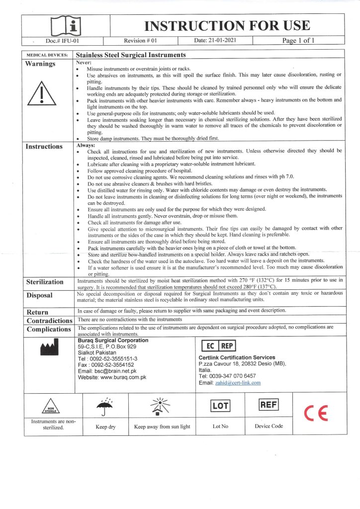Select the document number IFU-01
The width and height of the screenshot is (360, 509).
pos(62,41)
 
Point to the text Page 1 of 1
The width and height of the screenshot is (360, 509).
pos(298,41)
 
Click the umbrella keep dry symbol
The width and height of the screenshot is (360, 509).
pos(104,407)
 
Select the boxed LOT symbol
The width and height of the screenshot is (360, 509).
pos(219,406)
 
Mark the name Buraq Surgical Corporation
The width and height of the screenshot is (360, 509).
pos(113,340)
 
